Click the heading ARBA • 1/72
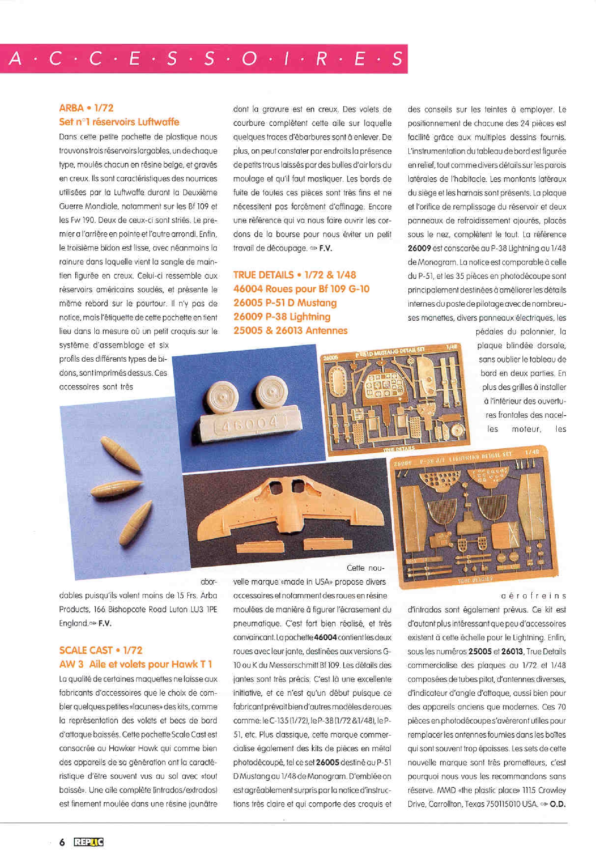tap(86, 108)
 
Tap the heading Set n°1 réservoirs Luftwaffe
tap(119, 122)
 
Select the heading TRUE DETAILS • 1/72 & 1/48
tap(294, 275)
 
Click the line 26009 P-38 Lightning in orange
tap(282, 317)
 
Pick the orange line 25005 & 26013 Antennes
tap(290, 331)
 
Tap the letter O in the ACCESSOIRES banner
tap(249, 59)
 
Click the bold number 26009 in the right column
tap(419, 248)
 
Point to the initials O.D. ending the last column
tap(558, 804)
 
